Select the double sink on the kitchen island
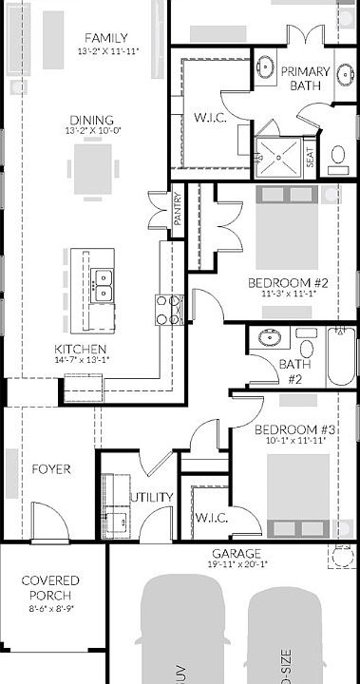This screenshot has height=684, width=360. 103,283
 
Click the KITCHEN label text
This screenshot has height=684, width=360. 81,349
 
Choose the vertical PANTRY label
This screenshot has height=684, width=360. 178,210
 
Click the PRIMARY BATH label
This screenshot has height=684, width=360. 310,78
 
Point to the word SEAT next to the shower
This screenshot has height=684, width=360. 311,158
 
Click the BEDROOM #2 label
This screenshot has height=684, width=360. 288,283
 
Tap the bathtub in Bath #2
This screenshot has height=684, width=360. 339,356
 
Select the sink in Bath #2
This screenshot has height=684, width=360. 268,337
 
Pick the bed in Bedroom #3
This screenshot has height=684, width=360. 296,494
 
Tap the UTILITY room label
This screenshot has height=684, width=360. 152,497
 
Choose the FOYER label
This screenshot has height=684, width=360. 51,469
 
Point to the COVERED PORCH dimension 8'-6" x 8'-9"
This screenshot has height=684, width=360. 50,607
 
